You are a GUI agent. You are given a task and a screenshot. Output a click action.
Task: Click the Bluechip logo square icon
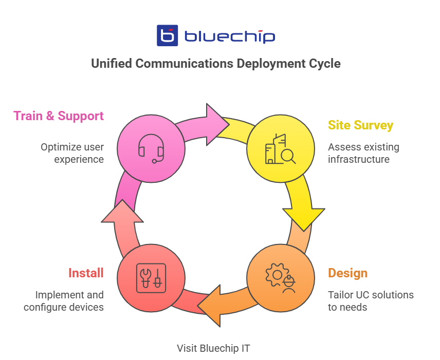coord(167,36)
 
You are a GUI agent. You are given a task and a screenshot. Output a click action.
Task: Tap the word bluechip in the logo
coord(229,36)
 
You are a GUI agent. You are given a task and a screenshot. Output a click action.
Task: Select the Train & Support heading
coord(59,116)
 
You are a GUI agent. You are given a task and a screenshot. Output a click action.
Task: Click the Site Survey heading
coord(360,125)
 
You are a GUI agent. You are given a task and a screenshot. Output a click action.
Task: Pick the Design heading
coord(348,273)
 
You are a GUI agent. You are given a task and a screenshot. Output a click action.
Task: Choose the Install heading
coord(86,273)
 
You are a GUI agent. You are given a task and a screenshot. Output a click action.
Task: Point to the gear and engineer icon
coord(280,278)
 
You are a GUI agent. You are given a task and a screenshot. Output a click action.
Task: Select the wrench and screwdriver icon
coord(151,278)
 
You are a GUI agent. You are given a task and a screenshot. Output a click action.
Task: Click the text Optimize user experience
coord(72,153)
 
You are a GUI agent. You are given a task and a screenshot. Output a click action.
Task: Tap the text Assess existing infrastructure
coord(363,153)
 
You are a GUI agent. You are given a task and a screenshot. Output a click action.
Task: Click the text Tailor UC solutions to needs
coord(370,301)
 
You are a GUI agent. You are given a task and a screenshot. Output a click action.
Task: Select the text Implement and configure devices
coord(63,301)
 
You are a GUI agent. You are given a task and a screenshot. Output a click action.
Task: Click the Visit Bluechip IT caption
coord(213,348)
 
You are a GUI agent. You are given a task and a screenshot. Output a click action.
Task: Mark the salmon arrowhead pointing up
coord(122,211)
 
